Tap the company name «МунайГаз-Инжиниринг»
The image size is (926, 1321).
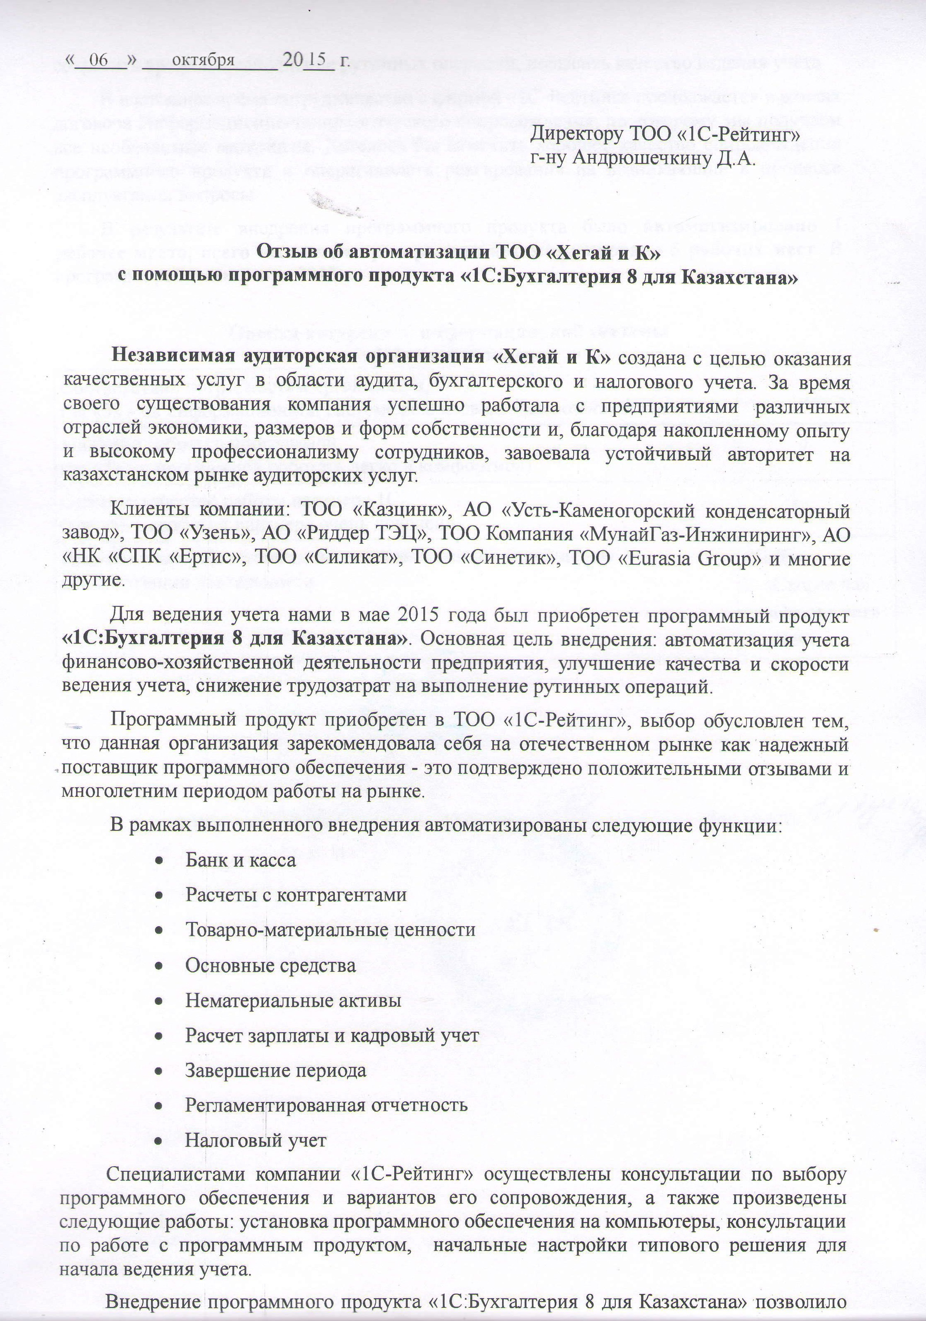[695, 535]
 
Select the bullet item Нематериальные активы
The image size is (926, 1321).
[293, 1000]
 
